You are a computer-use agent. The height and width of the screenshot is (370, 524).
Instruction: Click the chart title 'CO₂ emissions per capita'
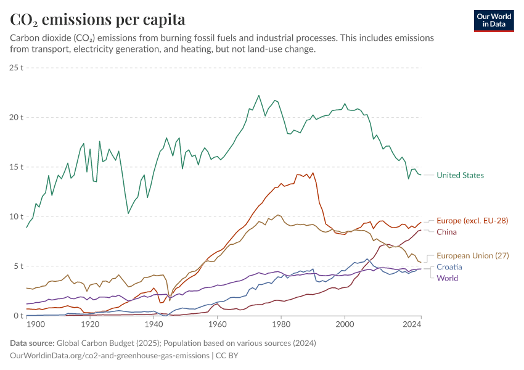point(97,19)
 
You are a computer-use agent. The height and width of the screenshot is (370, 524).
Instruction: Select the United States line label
point(460,175)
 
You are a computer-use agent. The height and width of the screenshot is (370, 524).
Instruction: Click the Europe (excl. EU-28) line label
point(472,221)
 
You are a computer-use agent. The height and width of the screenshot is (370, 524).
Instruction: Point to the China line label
point(446,232)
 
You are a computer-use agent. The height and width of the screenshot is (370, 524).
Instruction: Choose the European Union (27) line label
point(473,255)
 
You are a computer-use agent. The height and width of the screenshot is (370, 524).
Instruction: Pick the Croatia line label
point(449,267)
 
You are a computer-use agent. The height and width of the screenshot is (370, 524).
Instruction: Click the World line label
point(447,278)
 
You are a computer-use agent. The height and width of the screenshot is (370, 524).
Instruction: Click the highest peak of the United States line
point(259,96)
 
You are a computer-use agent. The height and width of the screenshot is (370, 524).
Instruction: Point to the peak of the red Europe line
point(313,173)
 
